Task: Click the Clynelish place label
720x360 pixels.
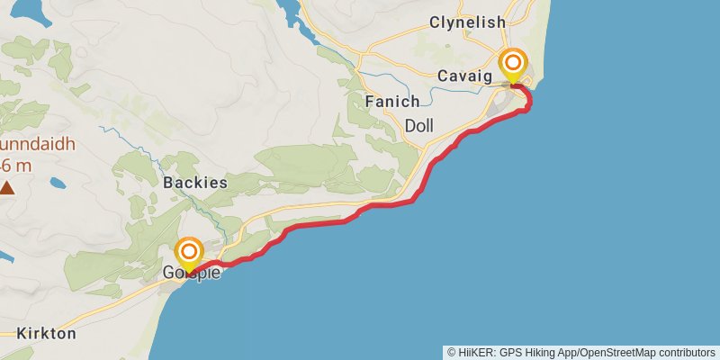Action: [x=467, y=22]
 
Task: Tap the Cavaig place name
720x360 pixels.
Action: [x=465, y=76]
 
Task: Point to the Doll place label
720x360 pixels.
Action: [x=420, y=125]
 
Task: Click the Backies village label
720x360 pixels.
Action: [x=195, y=182]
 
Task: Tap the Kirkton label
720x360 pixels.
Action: [x=46, y=333]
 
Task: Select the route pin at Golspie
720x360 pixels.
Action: [x=190, y=253]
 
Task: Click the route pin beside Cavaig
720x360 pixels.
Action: [x=514, y=65]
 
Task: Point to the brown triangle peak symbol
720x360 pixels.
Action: [x=7, y=188]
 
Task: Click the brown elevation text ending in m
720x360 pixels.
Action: [x=16, y=166]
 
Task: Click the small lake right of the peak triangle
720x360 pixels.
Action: [x=58, y=184]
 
